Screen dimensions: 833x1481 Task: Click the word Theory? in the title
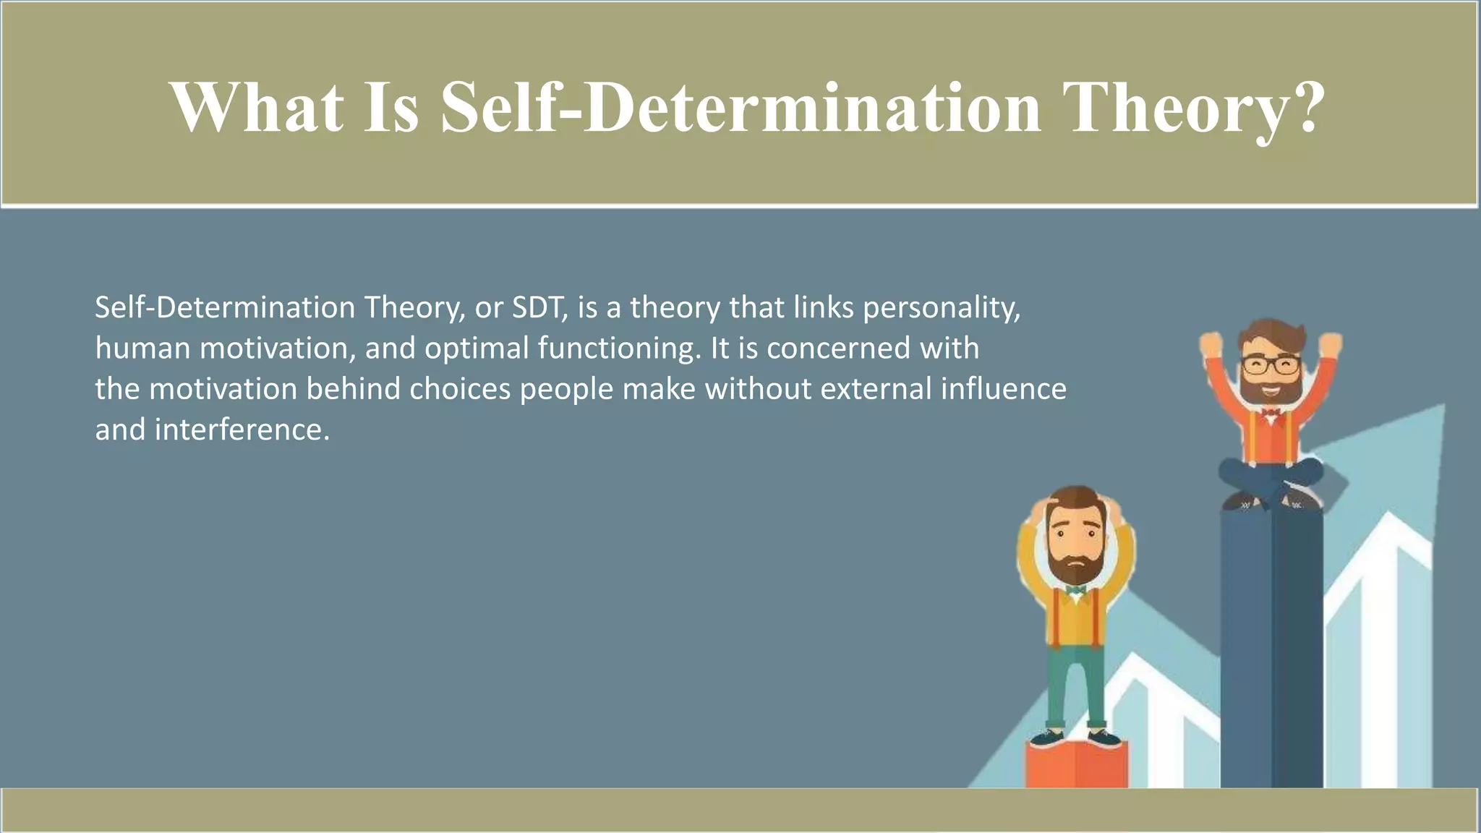(1197, 108)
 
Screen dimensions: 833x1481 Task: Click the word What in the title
(257, 108)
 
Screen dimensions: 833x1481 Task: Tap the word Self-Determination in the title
(741, 108)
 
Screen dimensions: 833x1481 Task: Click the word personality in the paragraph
(940, 308)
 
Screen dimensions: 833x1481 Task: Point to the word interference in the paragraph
(242, 430)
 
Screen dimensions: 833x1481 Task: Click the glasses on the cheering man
(1271, 365)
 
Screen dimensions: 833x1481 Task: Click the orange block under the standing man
(1076, 766)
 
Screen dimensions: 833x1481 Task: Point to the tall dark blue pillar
(1271, 651)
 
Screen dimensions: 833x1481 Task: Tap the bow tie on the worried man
(1076, 591)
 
